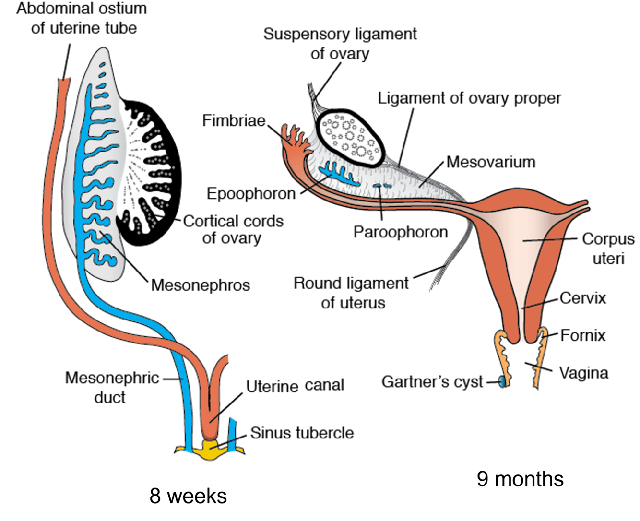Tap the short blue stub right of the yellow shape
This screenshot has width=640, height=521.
233,434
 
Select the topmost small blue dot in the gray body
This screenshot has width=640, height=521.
101,64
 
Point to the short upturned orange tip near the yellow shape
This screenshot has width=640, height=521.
223,365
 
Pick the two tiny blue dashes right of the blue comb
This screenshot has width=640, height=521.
382,185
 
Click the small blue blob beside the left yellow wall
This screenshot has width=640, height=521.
501,382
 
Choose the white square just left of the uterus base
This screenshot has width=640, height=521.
475,336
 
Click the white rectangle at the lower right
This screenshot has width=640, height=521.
475,441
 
